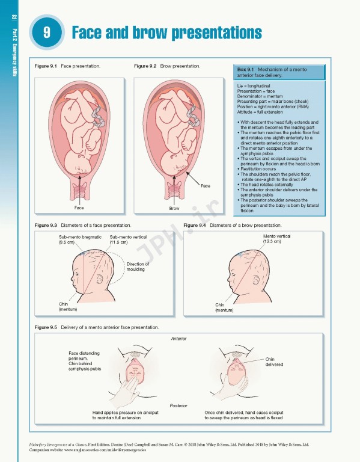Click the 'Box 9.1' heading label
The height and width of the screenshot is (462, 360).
246,70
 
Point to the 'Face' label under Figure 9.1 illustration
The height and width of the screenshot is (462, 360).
79,208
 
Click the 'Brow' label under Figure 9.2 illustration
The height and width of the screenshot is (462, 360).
174,208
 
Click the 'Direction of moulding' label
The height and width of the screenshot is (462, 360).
138,267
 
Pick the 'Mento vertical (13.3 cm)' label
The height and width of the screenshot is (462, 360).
276,239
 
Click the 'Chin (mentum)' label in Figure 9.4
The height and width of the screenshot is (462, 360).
224,307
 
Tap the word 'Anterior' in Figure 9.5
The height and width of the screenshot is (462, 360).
178,339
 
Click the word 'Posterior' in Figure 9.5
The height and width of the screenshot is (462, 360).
178,406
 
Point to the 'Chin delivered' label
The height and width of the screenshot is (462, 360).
274,362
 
